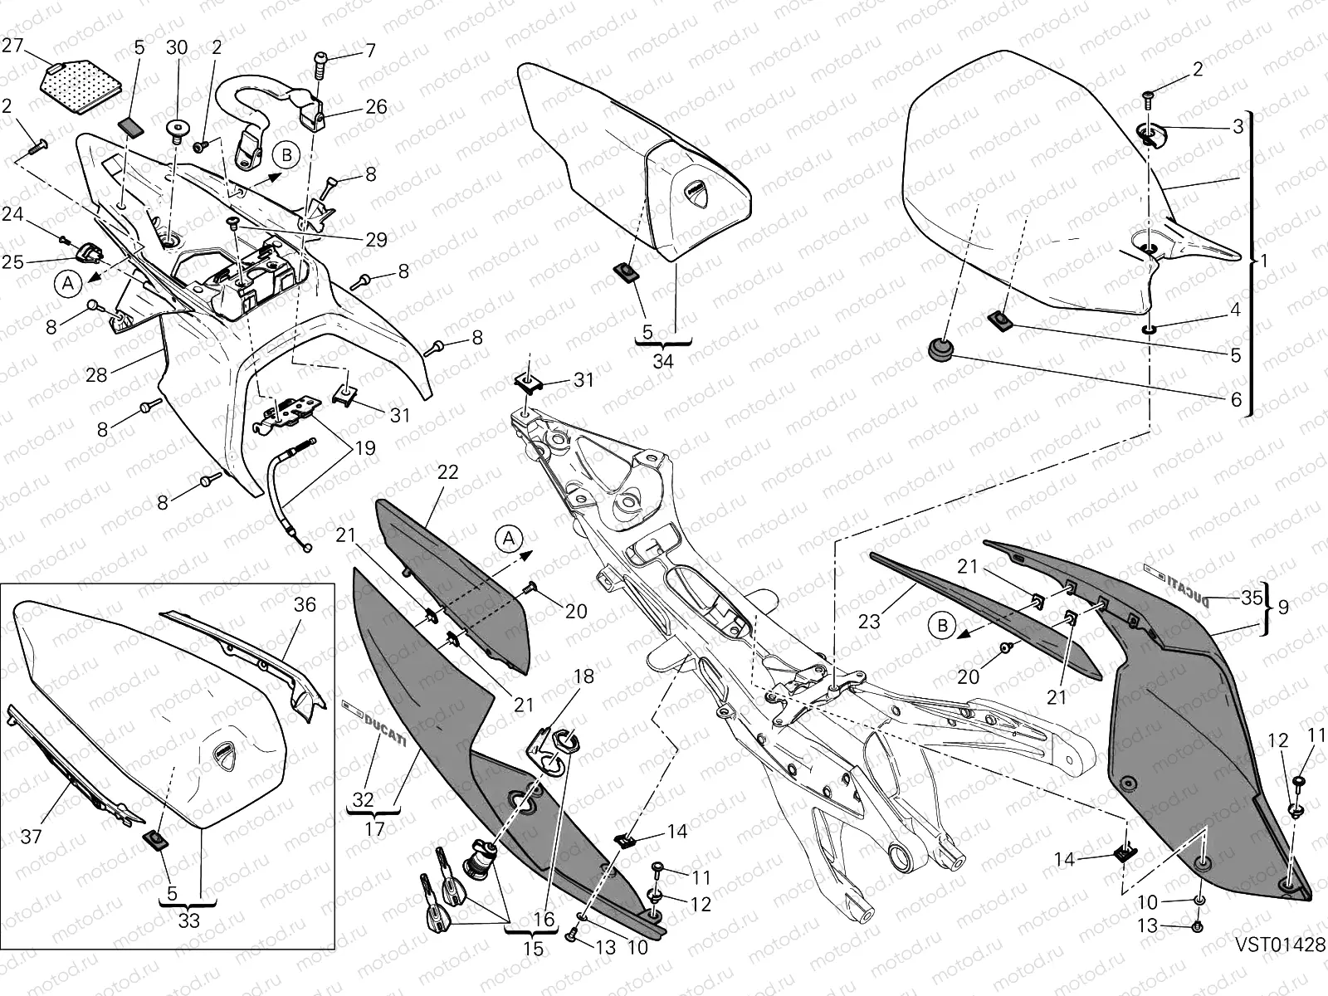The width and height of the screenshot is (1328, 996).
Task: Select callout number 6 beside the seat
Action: [x=1235, y=399]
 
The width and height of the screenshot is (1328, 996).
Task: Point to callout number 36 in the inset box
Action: [x=305, y=604]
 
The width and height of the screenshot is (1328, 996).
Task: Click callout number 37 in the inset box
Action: [x=31, y=837]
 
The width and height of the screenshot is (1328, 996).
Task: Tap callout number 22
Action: [x=447, y=472]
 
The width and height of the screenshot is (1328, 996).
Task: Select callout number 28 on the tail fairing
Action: [x=96, y=374]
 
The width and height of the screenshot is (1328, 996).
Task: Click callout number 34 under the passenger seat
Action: [x=663, y=361]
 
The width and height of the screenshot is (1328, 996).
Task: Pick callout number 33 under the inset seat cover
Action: [x=190, y=920]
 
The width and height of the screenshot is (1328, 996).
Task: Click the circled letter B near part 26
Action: [x=286, y=155]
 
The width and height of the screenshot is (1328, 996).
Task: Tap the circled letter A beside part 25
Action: [x=70, y=283]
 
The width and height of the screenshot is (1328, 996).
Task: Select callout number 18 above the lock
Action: [x=584, y=676]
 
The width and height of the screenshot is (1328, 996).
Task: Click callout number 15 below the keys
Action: [x=534, y=948]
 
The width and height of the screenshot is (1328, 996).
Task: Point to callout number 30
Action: [x=176, y=47]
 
